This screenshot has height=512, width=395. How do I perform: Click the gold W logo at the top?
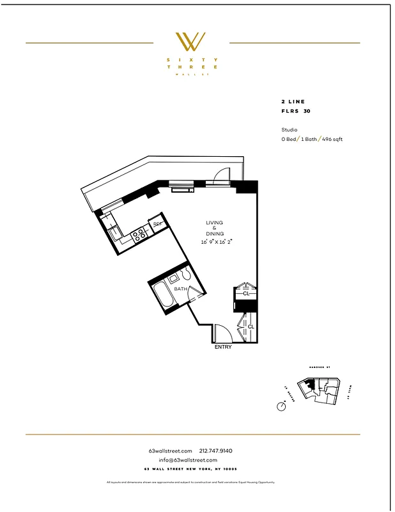coord(191,42)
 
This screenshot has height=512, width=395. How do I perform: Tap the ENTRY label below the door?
coord(222,347)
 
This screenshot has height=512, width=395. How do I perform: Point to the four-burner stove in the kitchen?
coord(139,235)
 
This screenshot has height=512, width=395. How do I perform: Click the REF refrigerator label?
coord(157,225)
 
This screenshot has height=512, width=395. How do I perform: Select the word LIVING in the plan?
coord(214,223)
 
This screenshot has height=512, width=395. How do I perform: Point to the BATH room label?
coord(180,289)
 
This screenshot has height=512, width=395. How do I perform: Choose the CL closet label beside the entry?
coord(251,326)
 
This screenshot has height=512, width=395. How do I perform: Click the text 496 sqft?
coord(332,139)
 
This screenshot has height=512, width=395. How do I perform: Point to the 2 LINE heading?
coord(293,102)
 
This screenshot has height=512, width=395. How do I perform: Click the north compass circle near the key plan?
coord(281,406)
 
